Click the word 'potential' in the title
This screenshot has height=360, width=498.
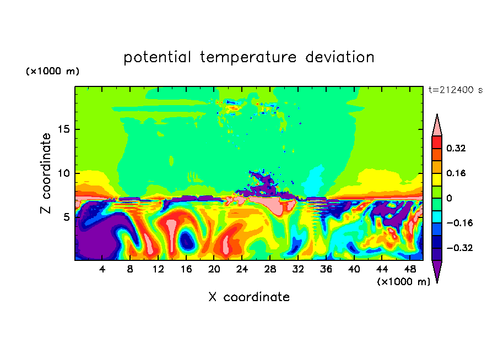157,58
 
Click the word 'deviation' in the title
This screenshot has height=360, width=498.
340,57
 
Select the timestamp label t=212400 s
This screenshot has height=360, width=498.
456,90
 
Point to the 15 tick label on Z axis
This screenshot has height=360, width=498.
64,129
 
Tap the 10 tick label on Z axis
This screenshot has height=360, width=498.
64,173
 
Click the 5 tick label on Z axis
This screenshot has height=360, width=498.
67,217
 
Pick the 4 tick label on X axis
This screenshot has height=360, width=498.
102,269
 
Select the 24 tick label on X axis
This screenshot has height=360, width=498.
242,269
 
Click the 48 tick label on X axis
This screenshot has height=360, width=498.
410,269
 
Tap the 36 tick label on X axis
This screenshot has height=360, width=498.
326,269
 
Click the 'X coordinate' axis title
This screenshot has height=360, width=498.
249,297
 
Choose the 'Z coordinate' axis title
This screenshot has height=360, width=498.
46,173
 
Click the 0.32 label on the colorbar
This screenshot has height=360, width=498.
456,148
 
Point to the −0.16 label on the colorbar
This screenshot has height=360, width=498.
460,223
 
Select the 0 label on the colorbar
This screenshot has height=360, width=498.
449,198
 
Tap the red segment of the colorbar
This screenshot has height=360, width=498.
437,142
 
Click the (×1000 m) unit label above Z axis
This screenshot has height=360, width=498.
52,71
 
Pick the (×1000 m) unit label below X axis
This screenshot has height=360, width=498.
404,282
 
